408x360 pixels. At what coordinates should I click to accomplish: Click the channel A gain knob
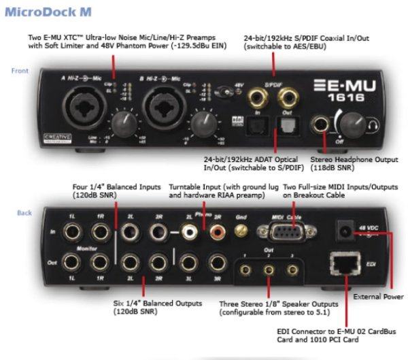[x=124, y=122]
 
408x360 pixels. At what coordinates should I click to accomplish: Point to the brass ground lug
[x=239, y=232]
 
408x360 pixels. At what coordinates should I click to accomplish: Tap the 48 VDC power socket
[x=345, y=233]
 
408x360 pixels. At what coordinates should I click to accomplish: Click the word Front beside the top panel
[x=19, y=71]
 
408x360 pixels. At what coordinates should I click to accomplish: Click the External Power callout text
[x=379, y=297]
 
